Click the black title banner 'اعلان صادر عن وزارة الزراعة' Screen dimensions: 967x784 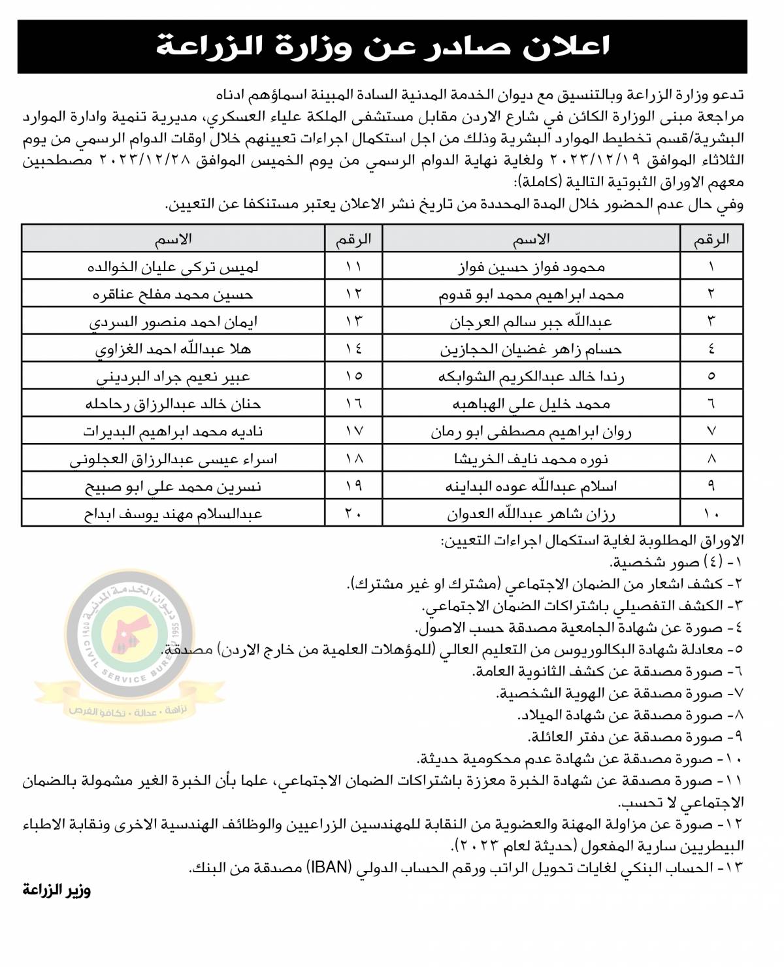pyautogui.click(x=382, y=47)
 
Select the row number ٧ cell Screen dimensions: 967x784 pyautogui.click(x=711, y=431)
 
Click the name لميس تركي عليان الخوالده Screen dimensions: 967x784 pyautogui.click(x=173, y=267)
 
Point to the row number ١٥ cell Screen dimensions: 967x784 pyautogui.click(x=353, y=376)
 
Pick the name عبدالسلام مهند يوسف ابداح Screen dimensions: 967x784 pyautogui.click(x=173, y=514)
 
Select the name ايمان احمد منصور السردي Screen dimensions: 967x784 pyautogui.click(x=173, y=322)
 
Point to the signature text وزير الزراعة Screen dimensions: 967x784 pyautogui.click(x=57, y=890)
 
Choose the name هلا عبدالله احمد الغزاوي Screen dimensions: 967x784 pyautogui.click(x=173, y=350)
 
